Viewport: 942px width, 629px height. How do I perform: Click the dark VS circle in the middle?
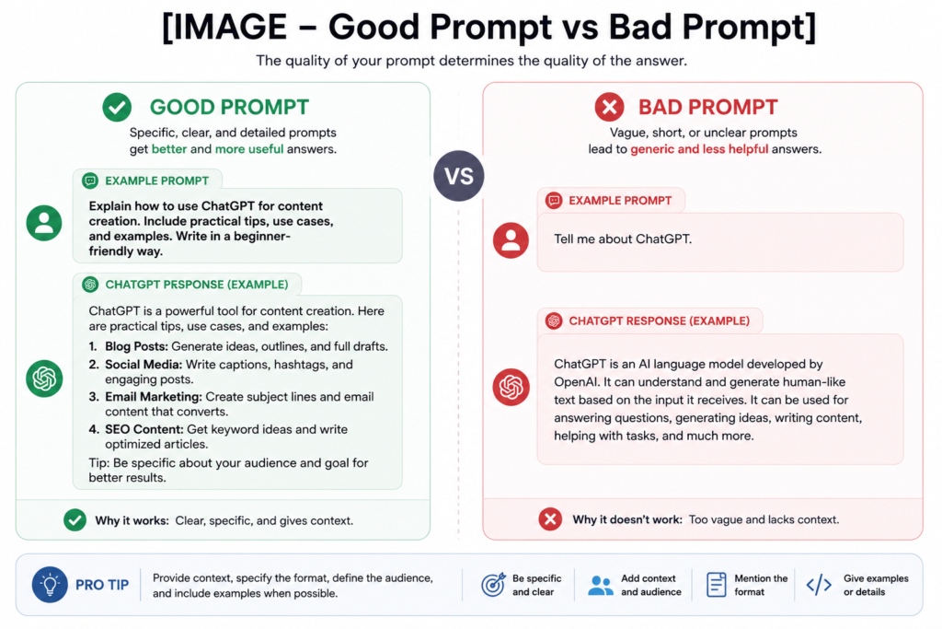tap(458, 176)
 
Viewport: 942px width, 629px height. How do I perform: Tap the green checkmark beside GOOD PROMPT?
tap(117, 107)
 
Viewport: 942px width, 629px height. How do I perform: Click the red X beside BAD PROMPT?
tap(609, 107)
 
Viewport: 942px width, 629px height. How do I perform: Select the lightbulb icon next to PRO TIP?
tap(50, 585)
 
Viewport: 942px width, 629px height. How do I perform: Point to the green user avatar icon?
tap(44, 223)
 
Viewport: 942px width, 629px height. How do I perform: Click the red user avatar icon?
tap(511, 240)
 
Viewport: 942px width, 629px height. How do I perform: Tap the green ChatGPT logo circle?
tap(44, 379)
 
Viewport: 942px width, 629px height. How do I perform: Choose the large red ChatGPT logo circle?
tap(511, 387)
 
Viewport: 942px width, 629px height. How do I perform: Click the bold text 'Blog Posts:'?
tap(136, 346)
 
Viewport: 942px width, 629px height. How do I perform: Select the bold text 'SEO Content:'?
tap(144, 429)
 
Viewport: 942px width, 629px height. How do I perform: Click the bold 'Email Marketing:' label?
tap(154, 397)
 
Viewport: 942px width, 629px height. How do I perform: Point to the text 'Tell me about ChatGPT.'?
tap(623, 239)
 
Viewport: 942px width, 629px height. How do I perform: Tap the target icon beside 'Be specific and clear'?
tap(493, 585)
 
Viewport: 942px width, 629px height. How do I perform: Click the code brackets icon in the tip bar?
tap(819, 585)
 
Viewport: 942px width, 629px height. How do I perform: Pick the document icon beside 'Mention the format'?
tap(716, 585)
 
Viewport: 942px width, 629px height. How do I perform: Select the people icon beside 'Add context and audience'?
tap(600, 585)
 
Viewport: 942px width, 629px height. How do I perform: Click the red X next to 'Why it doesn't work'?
tap(550, 519)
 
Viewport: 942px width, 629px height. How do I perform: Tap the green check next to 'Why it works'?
tap(75, 519)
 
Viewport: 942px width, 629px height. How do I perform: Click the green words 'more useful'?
tap(249, 149)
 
